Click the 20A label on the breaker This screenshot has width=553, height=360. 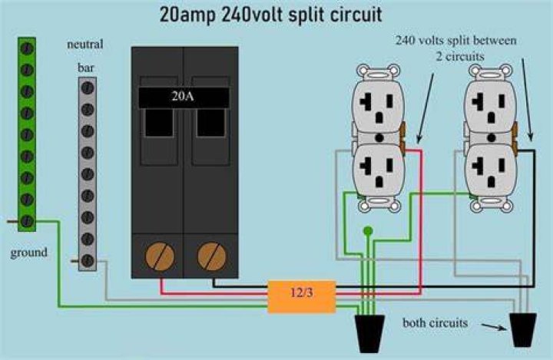pos(183,95)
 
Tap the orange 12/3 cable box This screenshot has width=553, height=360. pos(302,296)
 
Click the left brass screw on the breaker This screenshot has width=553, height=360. pos(160,256)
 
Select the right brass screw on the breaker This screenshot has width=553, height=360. pos(212,256)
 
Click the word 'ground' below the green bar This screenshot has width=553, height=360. pos(29,253)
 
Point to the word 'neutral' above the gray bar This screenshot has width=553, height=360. pos(85,44)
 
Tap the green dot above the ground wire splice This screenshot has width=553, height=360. pos(368,231)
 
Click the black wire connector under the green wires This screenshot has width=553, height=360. pos(369,333)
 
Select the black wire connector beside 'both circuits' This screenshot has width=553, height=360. pos(523,329)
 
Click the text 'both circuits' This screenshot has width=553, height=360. pos(435,323)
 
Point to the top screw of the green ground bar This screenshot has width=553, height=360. pos(27,48)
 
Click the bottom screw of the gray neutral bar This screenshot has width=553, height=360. pos(87,260)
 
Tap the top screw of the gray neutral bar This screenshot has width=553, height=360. pos(87,88)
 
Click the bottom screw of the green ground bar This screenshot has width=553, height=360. pos(27,221)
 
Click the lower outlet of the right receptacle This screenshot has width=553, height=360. pos(491,169)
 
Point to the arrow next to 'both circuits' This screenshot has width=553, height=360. pos(494,327)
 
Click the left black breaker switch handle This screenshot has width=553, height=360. pos(159,123)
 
